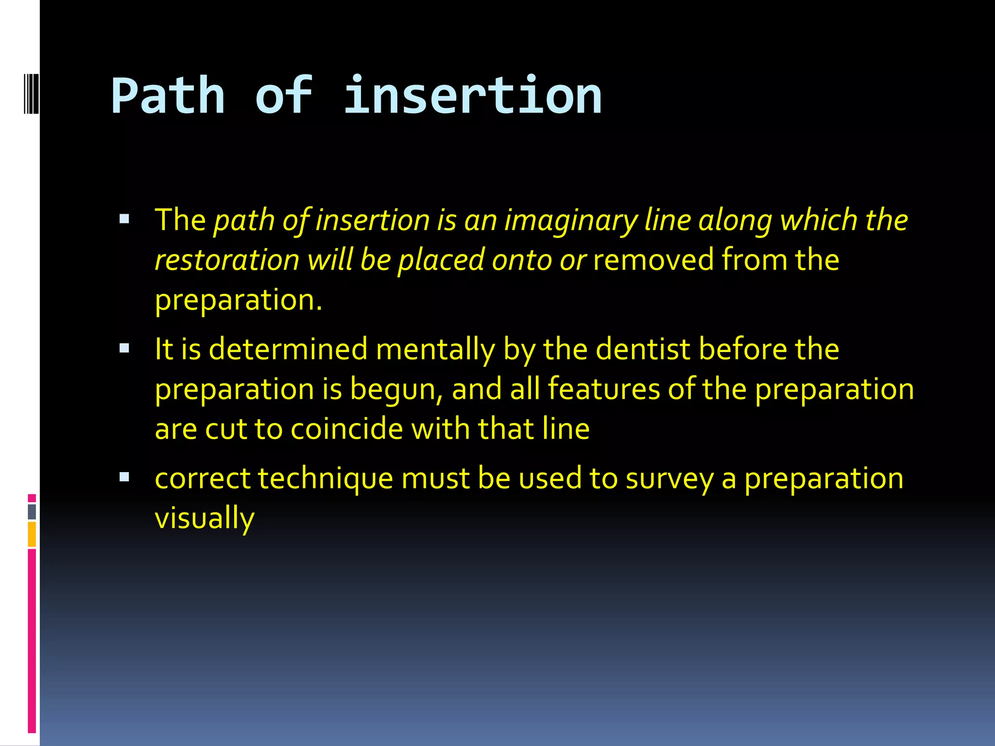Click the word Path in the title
tap(168, 96)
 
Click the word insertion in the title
tap(472, 96)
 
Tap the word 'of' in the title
tap(284, 96)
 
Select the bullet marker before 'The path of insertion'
tap(124, 219)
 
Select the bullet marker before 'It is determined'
tap(124, 348)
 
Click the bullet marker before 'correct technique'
tap(124, 477)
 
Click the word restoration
tap(227, 260)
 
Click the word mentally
tap(435, 350)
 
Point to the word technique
tap(325, 479)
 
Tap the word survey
tap(669, 479)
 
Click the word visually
tap(205, 518)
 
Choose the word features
tap(604, 390)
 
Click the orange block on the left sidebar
tap(32, 534)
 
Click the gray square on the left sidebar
tap(32, 511)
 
